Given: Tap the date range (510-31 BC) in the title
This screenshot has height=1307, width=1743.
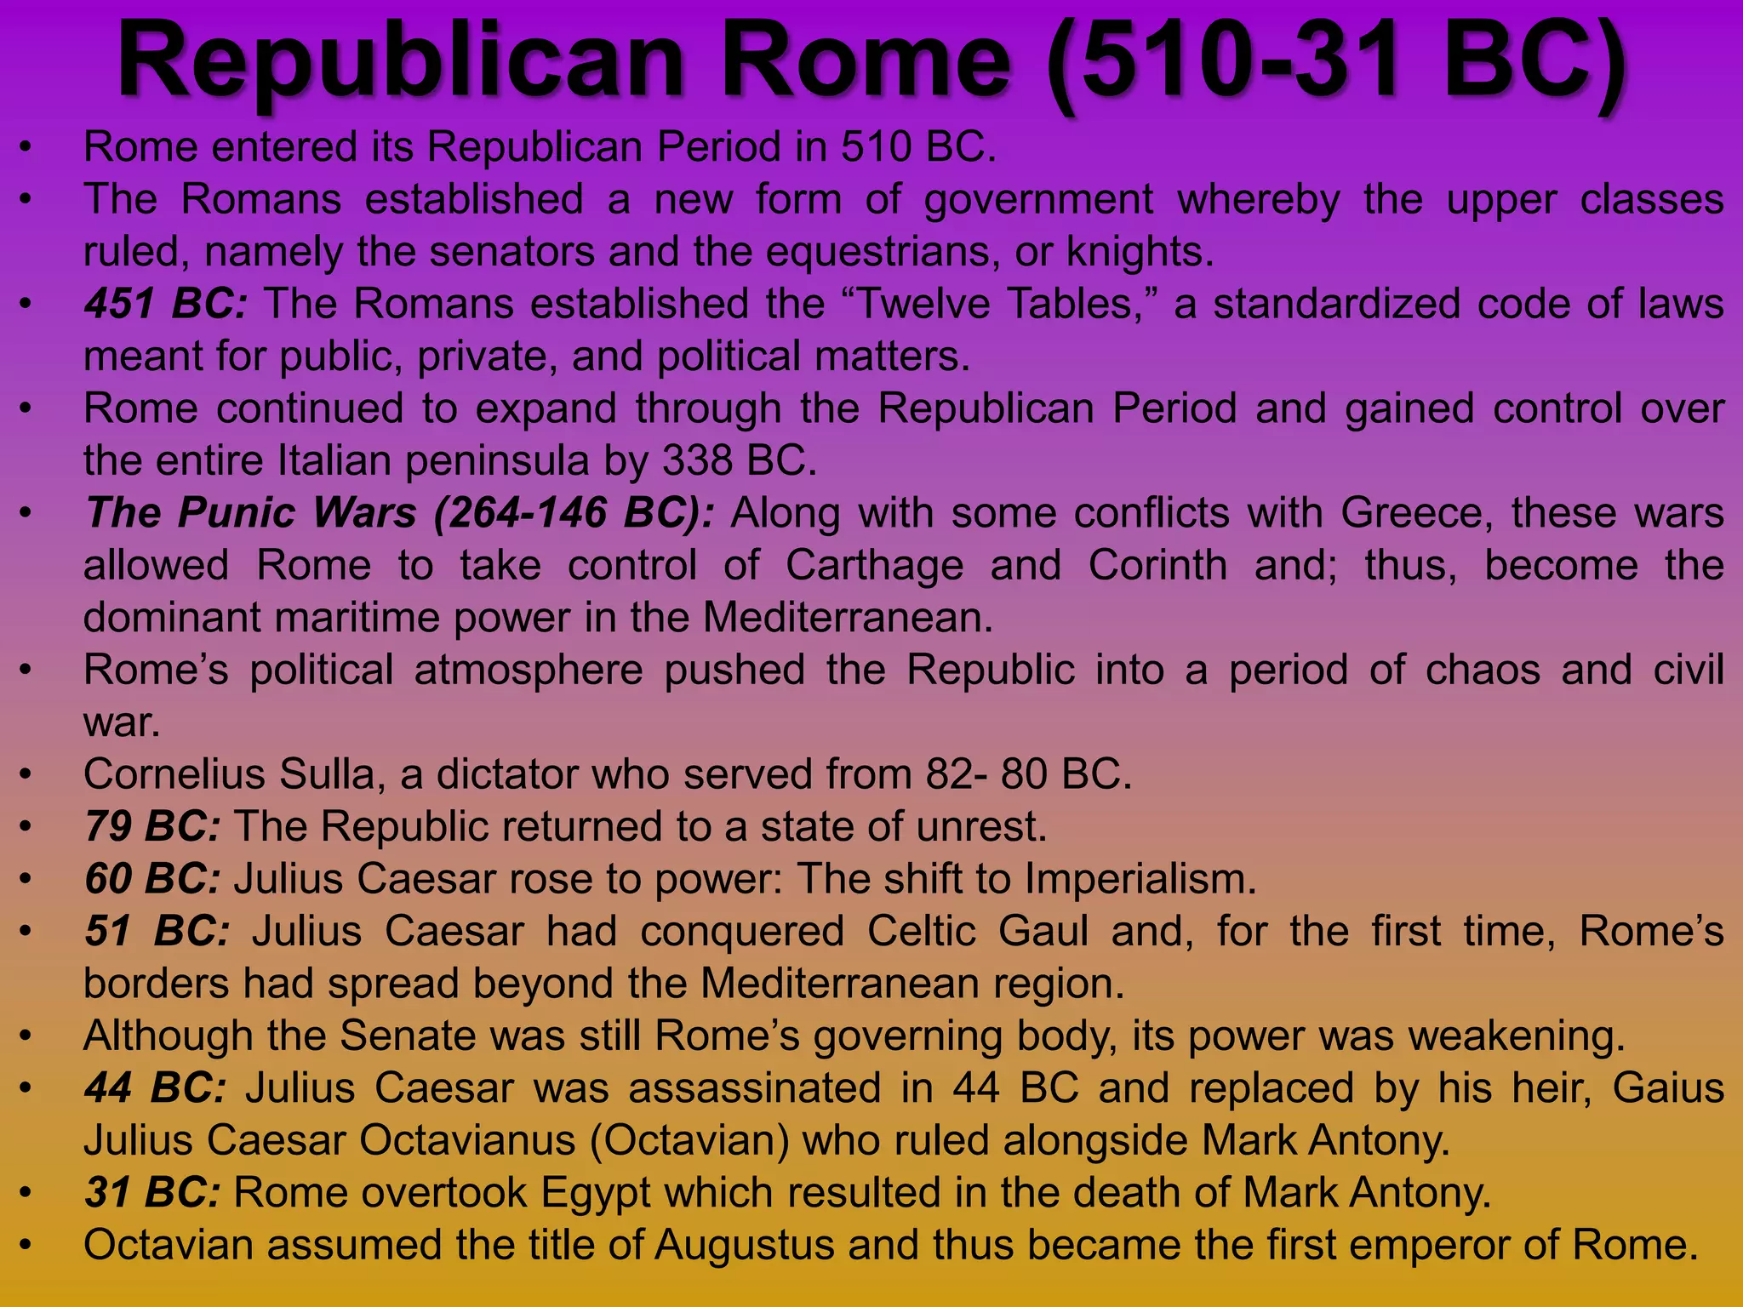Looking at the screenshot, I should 1337,61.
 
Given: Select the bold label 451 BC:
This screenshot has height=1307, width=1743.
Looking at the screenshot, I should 166,304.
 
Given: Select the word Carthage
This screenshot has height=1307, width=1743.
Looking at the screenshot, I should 874,566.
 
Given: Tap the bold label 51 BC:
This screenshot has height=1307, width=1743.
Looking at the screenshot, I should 157,931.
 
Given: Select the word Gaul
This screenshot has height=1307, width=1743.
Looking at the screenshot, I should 1043,931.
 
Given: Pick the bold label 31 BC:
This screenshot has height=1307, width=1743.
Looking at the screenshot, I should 153,1193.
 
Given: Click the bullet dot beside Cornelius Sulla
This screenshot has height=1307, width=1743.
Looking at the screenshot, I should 26,774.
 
